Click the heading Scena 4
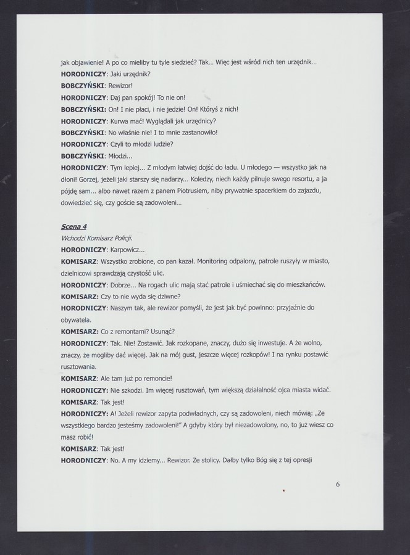click(x=73, y=227)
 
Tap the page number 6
click(x=338, y=484)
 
